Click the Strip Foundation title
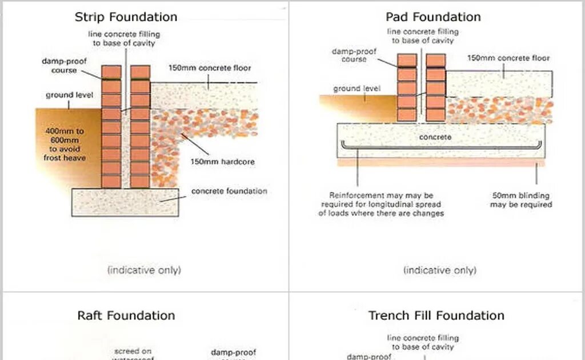126,17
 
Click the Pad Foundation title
432,17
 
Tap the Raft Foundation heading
126,315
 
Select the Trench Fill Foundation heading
436,315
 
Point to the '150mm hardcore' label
222,162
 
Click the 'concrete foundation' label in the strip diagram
229,191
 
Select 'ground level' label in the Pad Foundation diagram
356,89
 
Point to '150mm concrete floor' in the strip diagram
210,68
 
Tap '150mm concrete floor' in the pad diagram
508,58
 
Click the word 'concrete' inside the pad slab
435,137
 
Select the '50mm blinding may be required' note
520,200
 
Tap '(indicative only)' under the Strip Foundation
144,270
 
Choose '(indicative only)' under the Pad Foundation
439,270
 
